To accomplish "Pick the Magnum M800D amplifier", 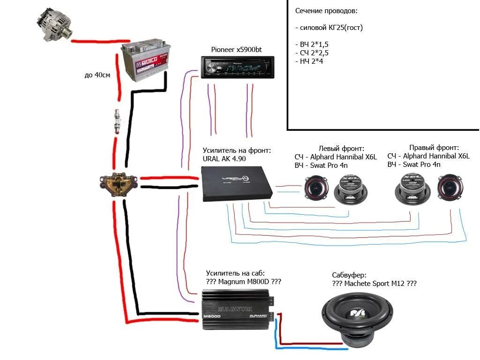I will coord(238,309).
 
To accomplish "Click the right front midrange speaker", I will coord(411,191).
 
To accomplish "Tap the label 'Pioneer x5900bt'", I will coord(236,50).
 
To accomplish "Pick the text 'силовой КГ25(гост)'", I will coord(331,28).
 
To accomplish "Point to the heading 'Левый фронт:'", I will coord(341,148).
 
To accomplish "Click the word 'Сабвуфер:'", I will coord(349,275).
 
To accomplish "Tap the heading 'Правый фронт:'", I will coord(434,147).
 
